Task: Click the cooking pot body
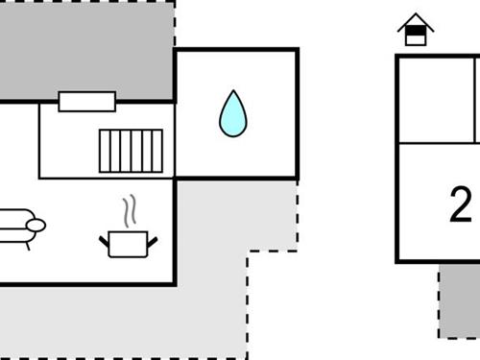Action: [127, 245]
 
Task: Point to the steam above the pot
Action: [128, 212]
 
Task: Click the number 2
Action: [461, 204]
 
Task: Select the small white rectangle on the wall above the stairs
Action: [86, 101]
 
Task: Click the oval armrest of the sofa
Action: [36, 226]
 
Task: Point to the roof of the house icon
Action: [415, 20]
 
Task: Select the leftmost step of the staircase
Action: [105, 151]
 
